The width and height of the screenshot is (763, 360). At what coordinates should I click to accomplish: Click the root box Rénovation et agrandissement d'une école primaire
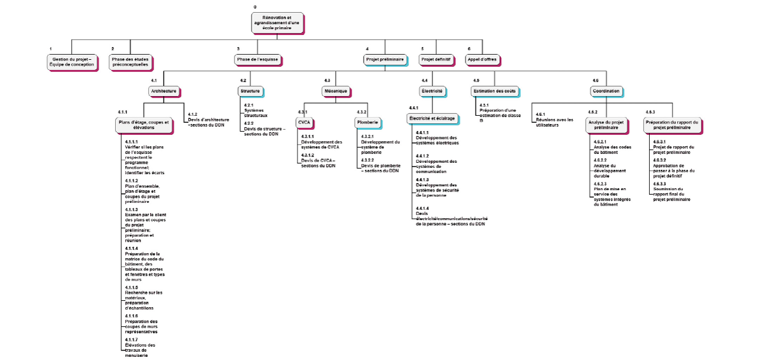tap(277, 22)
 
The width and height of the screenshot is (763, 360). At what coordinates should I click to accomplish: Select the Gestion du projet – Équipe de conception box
tap(72, 62)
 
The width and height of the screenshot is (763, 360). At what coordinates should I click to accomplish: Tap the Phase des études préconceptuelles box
tap(130, 62)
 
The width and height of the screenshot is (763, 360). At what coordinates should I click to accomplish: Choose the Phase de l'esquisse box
tap(258, 59)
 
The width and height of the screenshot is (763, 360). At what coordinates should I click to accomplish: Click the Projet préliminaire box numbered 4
tap(385, 59)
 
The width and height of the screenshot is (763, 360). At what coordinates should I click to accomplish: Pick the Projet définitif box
tap(436, 59)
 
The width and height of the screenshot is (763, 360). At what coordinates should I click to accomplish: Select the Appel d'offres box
tap(482, 59)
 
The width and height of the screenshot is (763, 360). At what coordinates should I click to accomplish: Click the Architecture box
tap(163, 91)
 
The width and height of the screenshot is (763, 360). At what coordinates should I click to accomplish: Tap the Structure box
tap(250, 91)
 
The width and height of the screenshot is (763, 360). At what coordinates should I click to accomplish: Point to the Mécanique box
tap(336, 91)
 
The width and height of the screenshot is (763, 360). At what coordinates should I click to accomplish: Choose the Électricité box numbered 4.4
tap(432, 91)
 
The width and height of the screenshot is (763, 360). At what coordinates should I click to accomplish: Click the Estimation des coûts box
tap(494, 91)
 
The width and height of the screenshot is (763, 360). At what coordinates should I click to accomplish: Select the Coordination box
tap(605, 91)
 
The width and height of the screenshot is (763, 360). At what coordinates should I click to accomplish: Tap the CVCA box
tap(304, 121)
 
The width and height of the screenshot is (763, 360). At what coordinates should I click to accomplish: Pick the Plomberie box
tap(367, 121)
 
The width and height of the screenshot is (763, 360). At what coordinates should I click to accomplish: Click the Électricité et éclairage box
tap(431, 118)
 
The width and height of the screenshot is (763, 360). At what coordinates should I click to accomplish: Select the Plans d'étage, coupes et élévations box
tap(144, 125)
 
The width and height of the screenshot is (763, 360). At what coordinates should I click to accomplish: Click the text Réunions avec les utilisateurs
tap(554, 122)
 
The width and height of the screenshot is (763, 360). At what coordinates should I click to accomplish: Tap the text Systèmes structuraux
tap(256, 113)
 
